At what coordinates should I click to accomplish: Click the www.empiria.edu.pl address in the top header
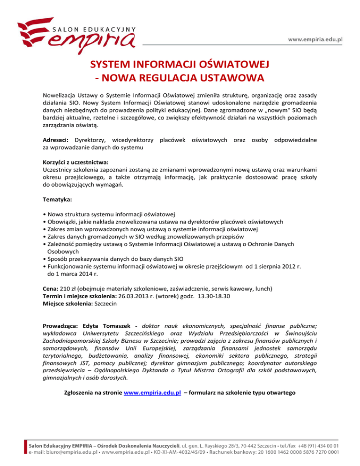(x=317, y=39)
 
